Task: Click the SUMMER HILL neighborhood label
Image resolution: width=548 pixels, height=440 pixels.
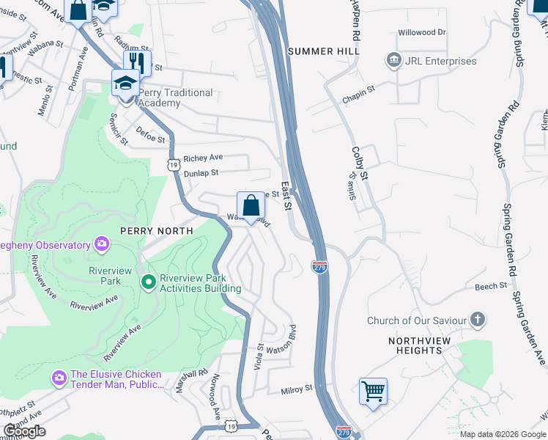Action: click(324, 51)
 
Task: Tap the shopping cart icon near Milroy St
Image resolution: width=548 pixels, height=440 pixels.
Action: click(373, 391)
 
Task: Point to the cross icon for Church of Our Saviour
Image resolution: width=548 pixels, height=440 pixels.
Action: click(477, 320)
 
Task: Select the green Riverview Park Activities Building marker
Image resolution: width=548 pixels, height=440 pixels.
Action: click(148, 281)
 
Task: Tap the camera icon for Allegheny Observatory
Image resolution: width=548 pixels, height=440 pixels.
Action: click(101, 243)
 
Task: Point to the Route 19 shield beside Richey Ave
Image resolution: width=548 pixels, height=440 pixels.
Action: click(173, 166)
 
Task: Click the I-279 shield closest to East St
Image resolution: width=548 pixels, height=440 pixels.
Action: click(319, 266)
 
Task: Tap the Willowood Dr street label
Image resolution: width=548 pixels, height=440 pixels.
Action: click(421, 32)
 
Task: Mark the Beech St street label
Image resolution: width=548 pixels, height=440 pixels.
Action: click(490, 286)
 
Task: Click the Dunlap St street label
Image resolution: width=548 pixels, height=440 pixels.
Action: click(201, 173)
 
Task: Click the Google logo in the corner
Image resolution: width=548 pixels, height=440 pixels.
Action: click(24, 431)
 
